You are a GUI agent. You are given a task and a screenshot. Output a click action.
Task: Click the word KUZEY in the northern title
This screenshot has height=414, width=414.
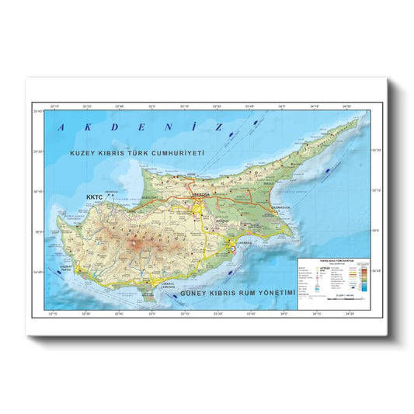tap(82, 154)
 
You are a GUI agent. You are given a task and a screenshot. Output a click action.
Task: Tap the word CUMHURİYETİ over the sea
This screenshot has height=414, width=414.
tap(179, 154)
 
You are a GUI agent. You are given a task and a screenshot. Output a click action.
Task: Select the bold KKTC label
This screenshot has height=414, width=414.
tap(95, 197)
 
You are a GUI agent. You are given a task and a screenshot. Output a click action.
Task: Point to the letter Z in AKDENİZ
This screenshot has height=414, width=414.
tap(220, 127)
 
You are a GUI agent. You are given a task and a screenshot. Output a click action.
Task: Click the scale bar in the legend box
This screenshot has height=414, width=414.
tap(340, 301)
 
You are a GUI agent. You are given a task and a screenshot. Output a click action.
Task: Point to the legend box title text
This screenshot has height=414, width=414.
tap(334, 261)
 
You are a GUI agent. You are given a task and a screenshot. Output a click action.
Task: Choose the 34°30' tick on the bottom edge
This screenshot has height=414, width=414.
tap(351, 315)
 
